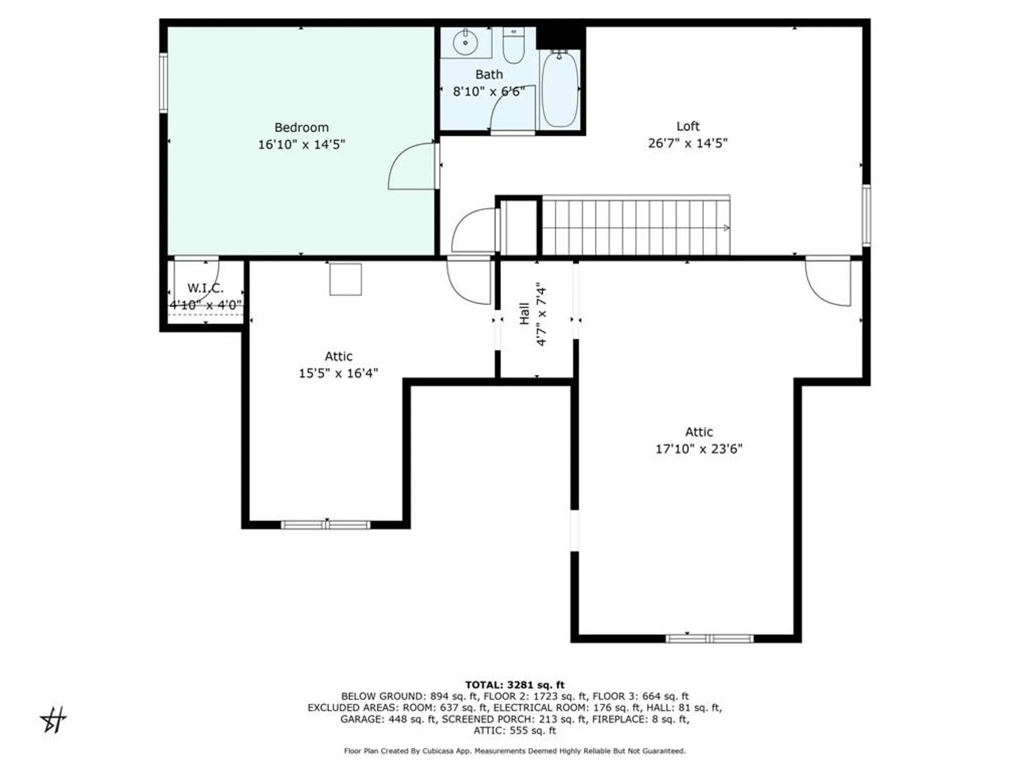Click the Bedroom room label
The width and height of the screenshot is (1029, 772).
click(x=301, y=127)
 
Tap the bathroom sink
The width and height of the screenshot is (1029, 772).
click(x=466, y=42)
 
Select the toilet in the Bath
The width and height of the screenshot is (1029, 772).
click(x=513, y=46)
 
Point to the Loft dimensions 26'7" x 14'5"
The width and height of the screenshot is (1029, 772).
click(x=687, y=143)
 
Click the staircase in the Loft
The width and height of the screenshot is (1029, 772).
click(x=635, y=226)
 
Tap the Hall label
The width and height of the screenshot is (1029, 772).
click(x=524, y=313)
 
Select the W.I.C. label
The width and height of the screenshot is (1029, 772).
click(x=205, y=288)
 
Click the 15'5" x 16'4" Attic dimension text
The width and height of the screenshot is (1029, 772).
click(x=338, y=373)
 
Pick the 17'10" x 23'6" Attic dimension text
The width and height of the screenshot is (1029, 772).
click(x=698, y=449)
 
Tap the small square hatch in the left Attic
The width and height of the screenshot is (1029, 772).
click(x=345, y=279)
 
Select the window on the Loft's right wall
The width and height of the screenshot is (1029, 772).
click(x=866, y=215)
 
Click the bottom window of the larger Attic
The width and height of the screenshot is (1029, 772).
click(x=709, y=639)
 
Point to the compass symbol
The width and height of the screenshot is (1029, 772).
click(x=54, y=720)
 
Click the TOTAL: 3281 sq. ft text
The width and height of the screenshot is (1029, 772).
click(x=514, y=685)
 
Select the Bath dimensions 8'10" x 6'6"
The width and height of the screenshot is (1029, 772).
click(x=488, y=92)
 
